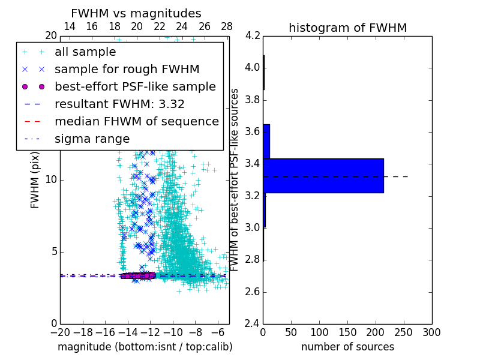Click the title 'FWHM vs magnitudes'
point(136,13)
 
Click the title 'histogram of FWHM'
point(347,28)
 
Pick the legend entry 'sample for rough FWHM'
point(127,70)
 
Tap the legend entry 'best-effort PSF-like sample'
point(135,87)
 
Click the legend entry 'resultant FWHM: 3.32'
point(119,104)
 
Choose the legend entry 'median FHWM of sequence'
point(136,122)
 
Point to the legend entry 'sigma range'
point(92,139)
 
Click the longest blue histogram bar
point(323,175)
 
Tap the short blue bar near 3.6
point(266,141)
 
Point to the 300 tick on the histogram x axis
point(431,332)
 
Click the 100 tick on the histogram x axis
point(319,332)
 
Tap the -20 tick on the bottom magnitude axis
point(60,332)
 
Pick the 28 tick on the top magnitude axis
point(227,26)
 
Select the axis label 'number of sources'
point(347,347)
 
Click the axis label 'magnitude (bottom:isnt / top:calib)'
point(145,347)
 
